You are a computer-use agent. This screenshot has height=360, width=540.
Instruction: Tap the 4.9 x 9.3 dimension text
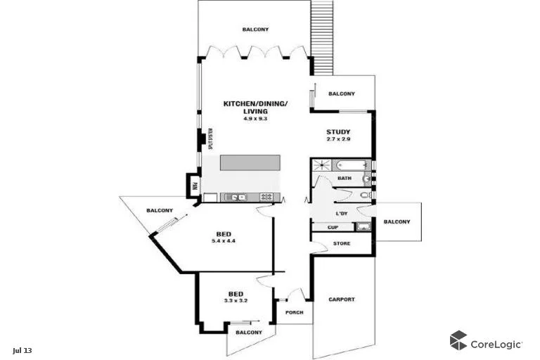[255, 119]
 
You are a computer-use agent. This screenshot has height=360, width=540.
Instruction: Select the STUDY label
[338, 132]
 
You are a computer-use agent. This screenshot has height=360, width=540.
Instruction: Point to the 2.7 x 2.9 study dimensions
[338, 140]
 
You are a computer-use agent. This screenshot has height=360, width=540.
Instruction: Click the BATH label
[344, 179]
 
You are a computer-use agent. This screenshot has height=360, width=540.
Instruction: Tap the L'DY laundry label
[342, 213]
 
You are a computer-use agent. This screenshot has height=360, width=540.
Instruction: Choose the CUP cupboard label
[333, 227]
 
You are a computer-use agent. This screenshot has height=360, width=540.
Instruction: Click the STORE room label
[342, 243]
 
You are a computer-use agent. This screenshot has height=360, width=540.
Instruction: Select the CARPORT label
[342, 300]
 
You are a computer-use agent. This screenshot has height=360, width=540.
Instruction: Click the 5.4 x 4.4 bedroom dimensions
[224, 241]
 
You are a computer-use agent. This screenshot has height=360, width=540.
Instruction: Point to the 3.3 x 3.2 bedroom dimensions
[236, 301]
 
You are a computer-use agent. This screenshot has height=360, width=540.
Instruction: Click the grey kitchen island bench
[250, 162]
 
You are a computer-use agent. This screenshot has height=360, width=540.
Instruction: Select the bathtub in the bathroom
[352, 165]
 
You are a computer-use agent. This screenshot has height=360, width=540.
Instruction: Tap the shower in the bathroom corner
[321, 165]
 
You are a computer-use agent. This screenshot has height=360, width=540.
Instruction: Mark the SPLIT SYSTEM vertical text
[210, 137]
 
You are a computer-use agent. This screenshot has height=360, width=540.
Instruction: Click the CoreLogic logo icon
[458, 340]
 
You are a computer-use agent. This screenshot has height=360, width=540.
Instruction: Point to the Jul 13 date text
[22, 350]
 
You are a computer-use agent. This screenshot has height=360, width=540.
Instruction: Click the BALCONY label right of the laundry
[397, 222]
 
